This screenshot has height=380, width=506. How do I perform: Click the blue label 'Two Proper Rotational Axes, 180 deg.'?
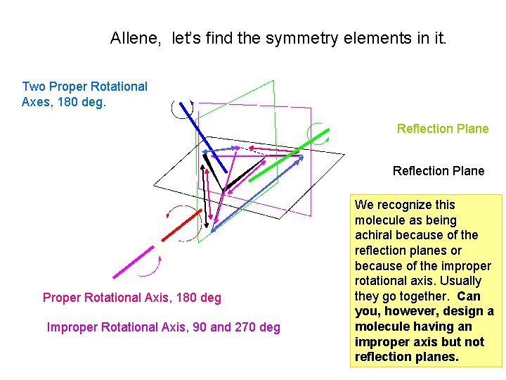[84, 94]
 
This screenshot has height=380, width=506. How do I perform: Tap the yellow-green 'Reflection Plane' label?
[443, 129]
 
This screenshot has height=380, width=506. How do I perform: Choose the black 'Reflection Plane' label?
[439, 171]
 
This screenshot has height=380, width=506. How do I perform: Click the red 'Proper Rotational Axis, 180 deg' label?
[132, 298]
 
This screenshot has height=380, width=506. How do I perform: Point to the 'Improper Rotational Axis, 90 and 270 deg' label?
[163, 327]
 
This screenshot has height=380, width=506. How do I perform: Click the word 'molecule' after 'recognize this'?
[378, 220]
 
